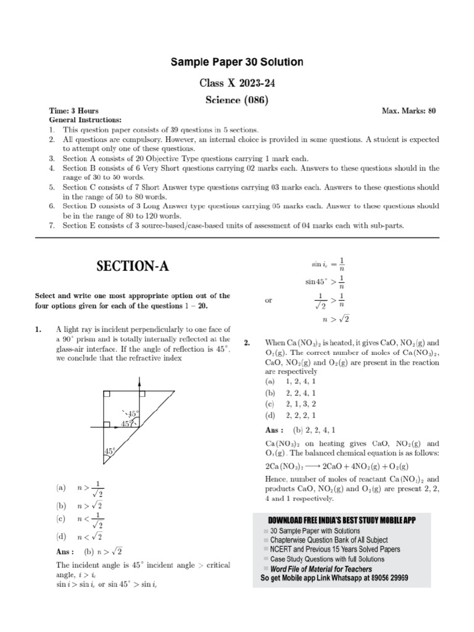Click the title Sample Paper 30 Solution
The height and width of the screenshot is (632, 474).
click(238, 62)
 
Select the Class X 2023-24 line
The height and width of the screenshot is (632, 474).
click(238, 82)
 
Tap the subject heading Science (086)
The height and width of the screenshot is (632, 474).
click(238, 99)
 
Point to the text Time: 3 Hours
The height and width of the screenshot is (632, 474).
click(73, 111)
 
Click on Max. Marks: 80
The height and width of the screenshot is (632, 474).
click(409, 111)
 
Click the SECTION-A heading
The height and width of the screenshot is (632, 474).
click(132, 267)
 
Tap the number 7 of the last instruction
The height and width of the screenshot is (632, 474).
click(52, 225)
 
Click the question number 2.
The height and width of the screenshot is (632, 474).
click(247, 343)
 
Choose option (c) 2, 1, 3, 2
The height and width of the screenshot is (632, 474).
click(290, 404)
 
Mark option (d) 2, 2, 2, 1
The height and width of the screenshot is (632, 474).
click(290, 415)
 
